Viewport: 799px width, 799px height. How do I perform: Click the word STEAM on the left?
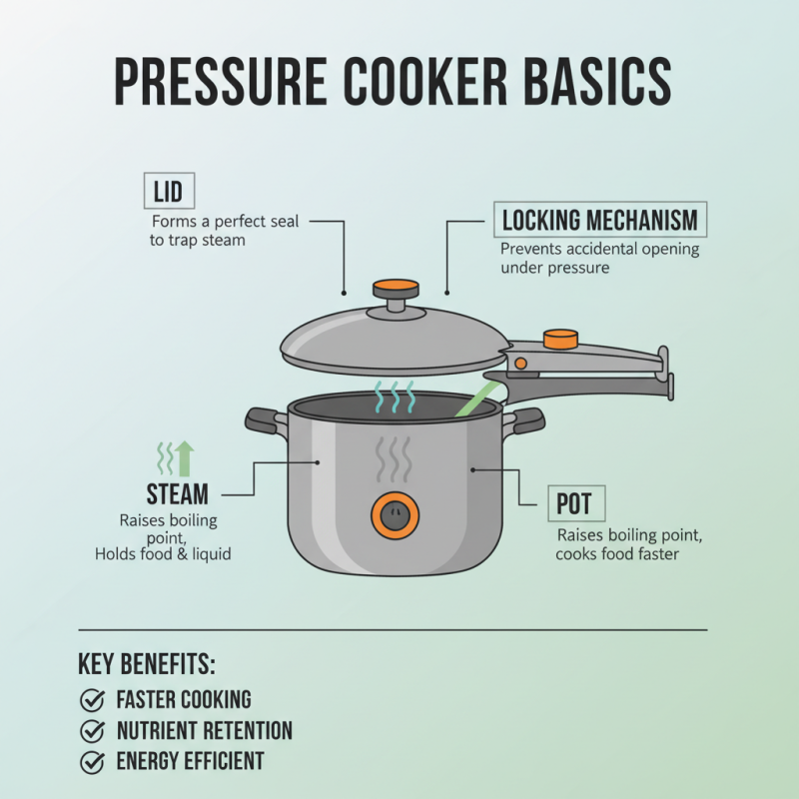177,493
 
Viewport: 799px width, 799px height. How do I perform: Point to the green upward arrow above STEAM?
185,457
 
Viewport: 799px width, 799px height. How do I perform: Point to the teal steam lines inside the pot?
394,397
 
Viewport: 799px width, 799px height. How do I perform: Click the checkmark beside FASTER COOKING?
92,700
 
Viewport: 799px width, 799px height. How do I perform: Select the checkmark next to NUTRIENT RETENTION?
92,731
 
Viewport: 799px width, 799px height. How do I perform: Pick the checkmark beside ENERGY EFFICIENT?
92,762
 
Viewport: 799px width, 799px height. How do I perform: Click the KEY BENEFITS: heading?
147,665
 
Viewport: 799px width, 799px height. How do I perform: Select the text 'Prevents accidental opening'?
599,249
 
